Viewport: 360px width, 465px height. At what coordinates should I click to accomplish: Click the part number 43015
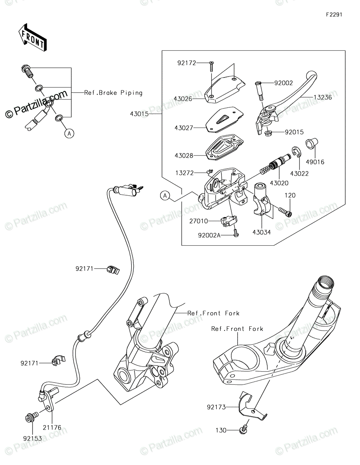(x=139, y=114)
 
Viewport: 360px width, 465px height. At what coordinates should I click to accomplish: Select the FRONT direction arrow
(x=33, y=38)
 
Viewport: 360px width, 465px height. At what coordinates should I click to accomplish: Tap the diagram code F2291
(x=334, y=15)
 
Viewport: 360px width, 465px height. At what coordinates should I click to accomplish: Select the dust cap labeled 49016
(x=312, y=143)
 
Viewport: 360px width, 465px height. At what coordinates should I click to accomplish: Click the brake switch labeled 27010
(x=229, y=220)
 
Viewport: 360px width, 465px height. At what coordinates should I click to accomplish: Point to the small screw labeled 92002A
(x=236, y=233)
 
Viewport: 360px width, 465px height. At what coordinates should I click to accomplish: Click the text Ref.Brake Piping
(x=113, y=93)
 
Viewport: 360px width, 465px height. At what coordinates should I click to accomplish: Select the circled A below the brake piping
(x=69, y=134)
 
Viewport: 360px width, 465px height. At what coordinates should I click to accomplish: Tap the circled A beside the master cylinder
(x=165, y=196)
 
